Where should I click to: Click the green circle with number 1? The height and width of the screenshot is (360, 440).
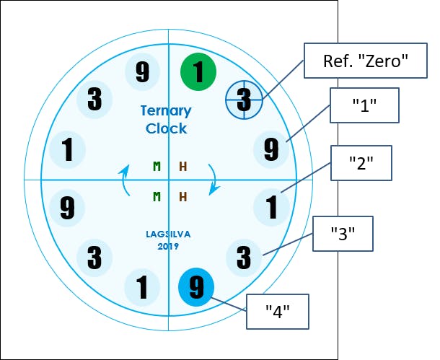coord(198,71)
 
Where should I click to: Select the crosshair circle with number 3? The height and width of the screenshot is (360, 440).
coord(244,98)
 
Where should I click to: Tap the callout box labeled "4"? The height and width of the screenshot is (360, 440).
coord(278,312)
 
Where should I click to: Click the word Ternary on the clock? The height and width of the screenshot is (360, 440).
coord(167,111)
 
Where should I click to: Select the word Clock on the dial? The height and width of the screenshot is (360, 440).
coord(167,129)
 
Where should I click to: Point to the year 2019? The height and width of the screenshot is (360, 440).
coord(167,247)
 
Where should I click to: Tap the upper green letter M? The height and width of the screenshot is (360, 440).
coord(157,167)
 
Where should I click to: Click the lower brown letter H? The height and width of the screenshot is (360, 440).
coord(182,196)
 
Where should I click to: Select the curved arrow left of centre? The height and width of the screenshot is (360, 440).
coord(126,180)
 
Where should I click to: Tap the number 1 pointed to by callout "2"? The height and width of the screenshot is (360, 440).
coord(272,208)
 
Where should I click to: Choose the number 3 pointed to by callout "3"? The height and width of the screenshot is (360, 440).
coord(245,256)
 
